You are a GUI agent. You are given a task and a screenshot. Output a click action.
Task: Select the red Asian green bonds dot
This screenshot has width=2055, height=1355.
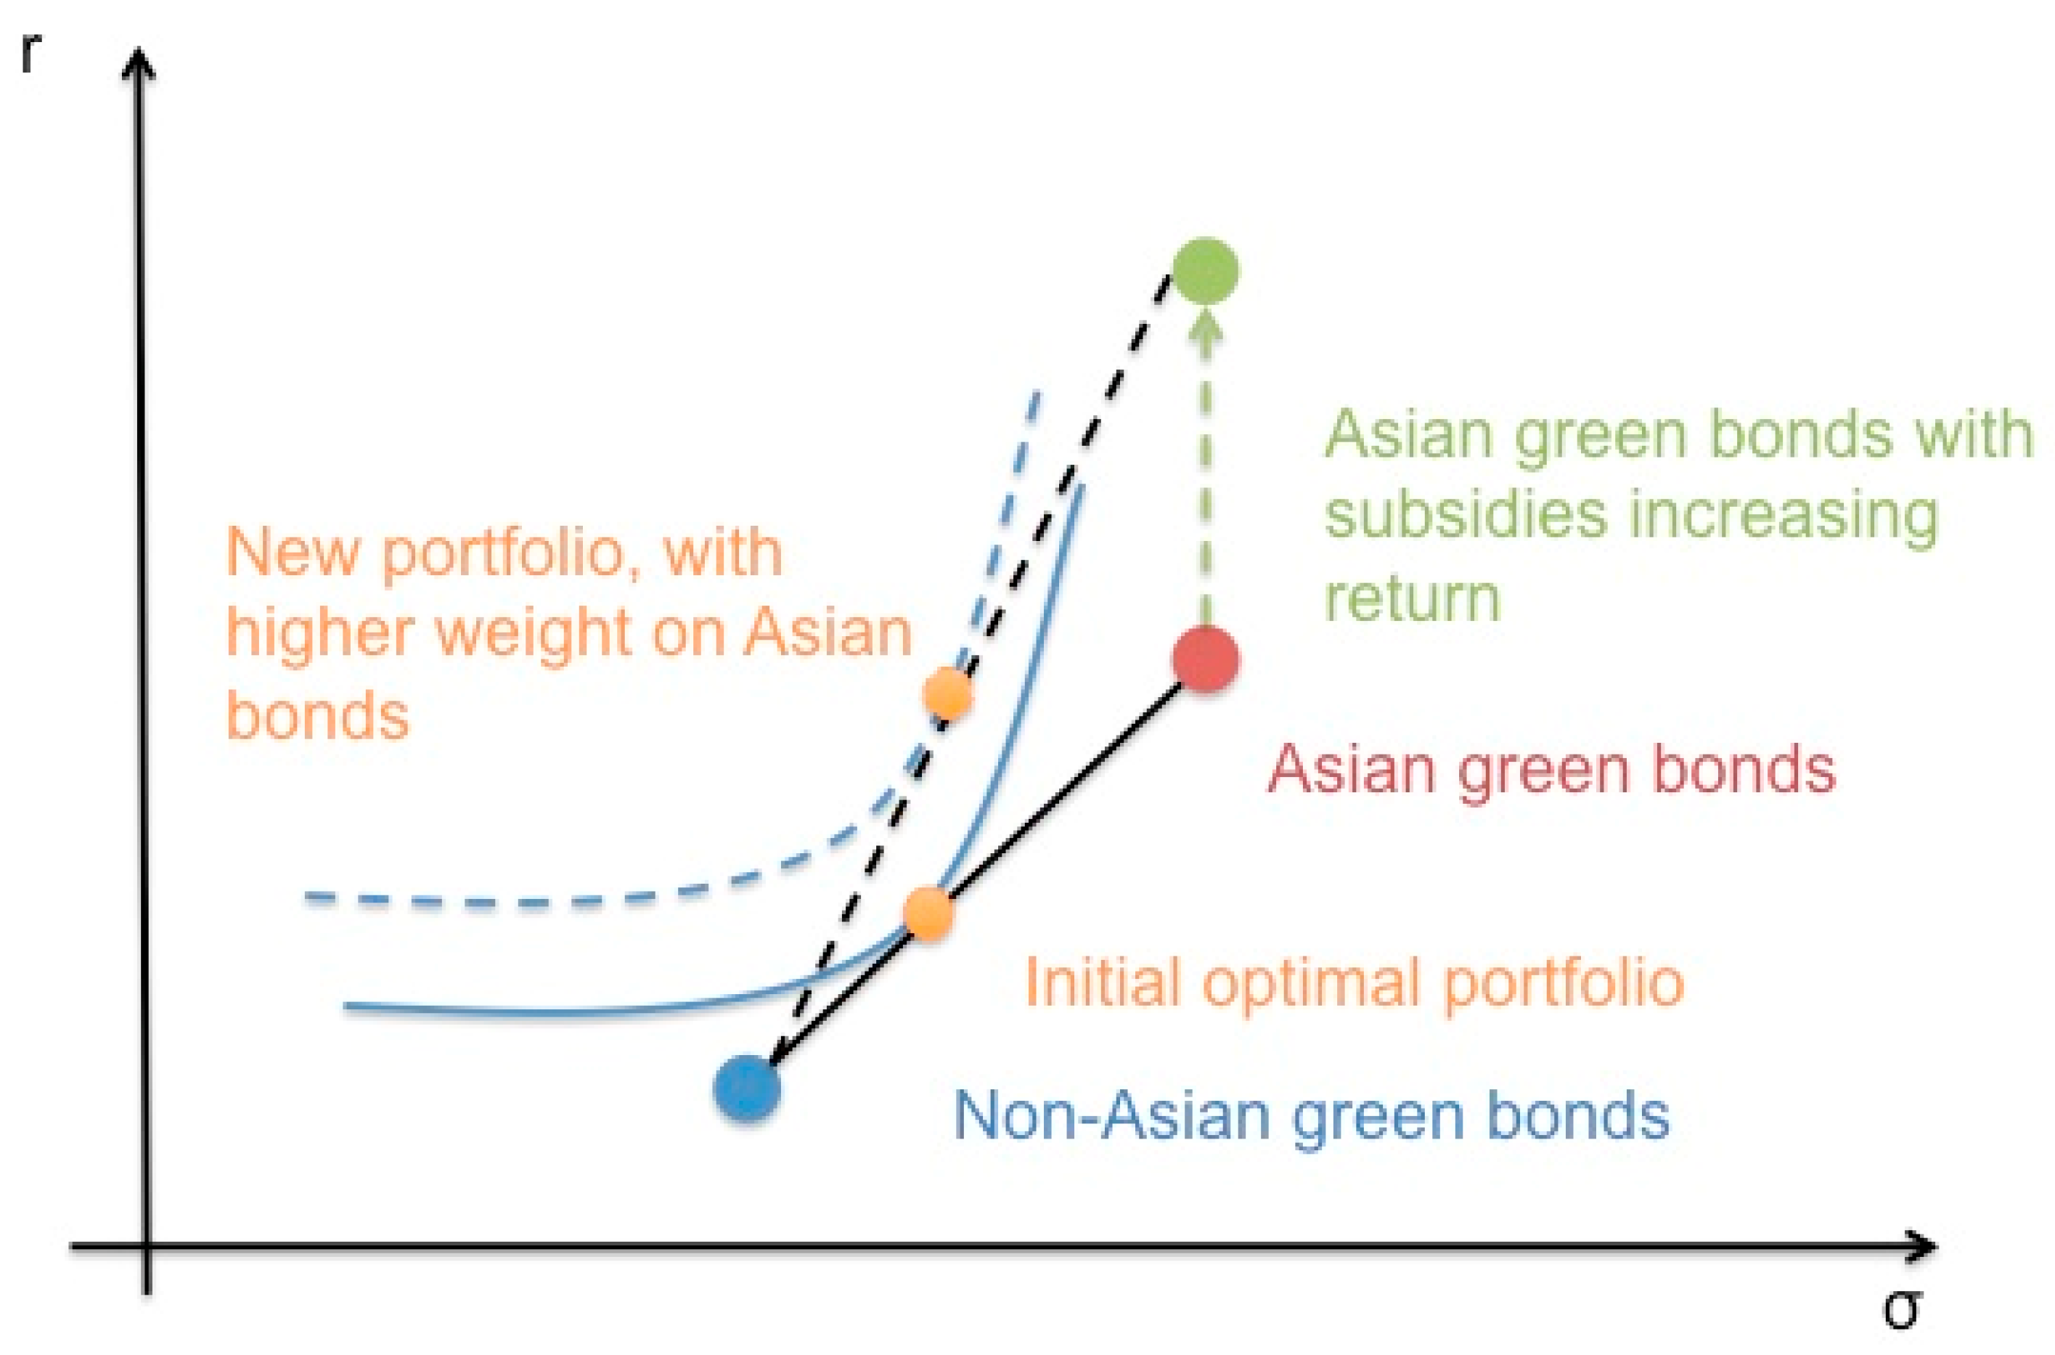click(1206, 660)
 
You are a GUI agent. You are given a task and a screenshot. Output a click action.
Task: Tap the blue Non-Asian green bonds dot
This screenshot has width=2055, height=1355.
click(747, 1088)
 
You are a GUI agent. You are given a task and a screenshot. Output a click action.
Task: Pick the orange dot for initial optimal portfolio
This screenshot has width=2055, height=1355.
click(928, 914)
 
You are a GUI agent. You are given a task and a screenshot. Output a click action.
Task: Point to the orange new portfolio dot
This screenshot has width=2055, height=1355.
click(947, 693)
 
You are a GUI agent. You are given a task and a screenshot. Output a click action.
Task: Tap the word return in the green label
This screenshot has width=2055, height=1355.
click(1413, 598)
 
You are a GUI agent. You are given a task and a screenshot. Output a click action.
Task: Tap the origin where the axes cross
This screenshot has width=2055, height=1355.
click(147, 1247)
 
